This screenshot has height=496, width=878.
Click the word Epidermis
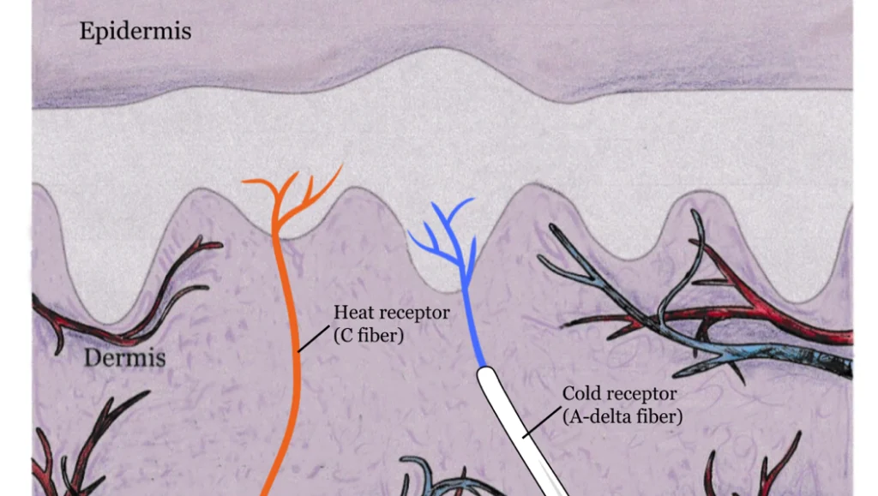pos(135,32)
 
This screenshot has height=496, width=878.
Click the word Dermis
pos(124,356)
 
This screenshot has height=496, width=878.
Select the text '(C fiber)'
pos(368,336)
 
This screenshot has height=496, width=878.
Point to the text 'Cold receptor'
pos(620,394)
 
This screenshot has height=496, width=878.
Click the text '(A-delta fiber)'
pos(622,418)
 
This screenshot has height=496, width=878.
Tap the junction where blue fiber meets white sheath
pos(485,369)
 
